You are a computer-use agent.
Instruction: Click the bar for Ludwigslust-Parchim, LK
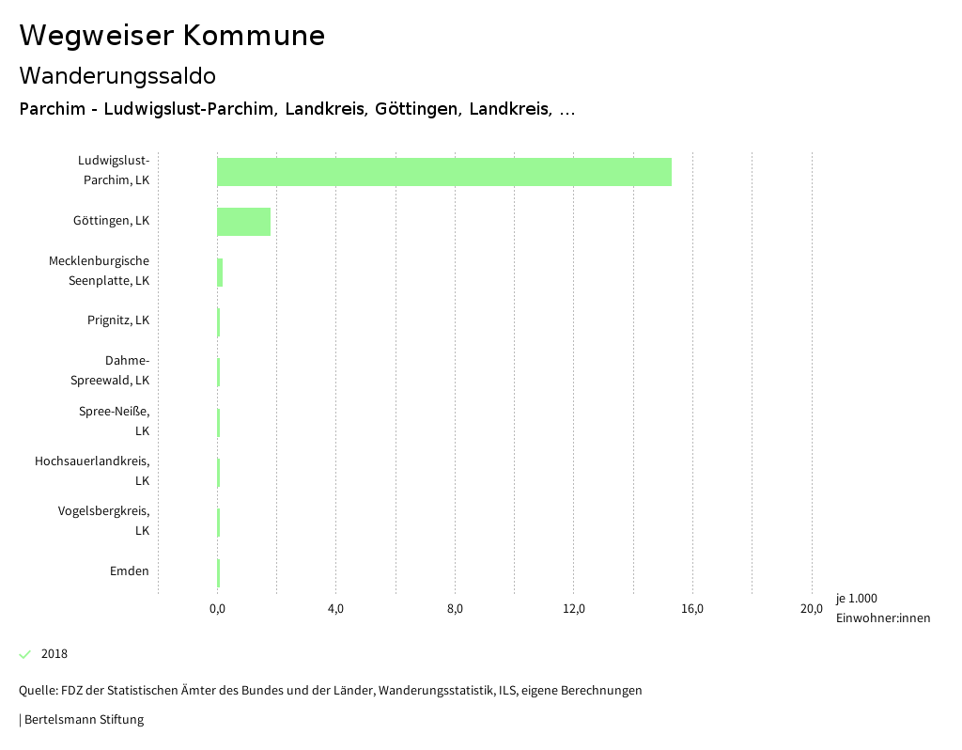tap(443, 172)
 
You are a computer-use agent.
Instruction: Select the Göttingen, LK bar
tap(243, 222)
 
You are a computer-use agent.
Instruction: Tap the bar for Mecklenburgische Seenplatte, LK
tap(220, 272)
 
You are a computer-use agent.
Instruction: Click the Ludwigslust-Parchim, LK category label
tap(114, 170)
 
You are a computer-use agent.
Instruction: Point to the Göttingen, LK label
tap(111, 221)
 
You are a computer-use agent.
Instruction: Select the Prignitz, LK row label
tap(118, 320)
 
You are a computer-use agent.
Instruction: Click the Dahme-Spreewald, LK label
tap(111, 370)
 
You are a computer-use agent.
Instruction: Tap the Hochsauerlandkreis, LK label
tap(92, 471)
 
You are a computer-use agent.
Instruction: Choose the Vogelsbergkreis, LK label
tap(103, 521)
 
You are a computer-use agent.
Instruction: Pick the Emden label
tap(130, 570)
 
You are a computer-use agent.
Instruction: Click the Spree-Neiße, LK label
tap(114, 420)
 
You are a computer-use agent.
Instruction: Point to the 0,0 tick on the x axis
tap(217, 608)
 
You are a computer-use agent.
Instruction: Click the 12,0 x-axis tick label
tap(574, 608)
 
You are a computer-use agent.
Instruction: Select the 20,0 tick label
tap(812, 608)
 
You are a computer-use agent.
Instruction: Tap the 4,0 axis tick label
tap(335, 608)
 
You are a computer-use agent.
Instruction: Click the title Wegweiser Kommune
tap(172, 36)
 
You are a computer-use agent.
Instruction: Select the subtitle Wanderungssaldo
tap(117, 75)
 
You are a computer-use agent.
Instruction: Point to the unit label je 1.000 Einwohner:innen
tap(882, 608)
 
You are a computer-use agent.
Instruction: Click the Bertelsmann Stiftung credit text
tap(83, 720)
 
